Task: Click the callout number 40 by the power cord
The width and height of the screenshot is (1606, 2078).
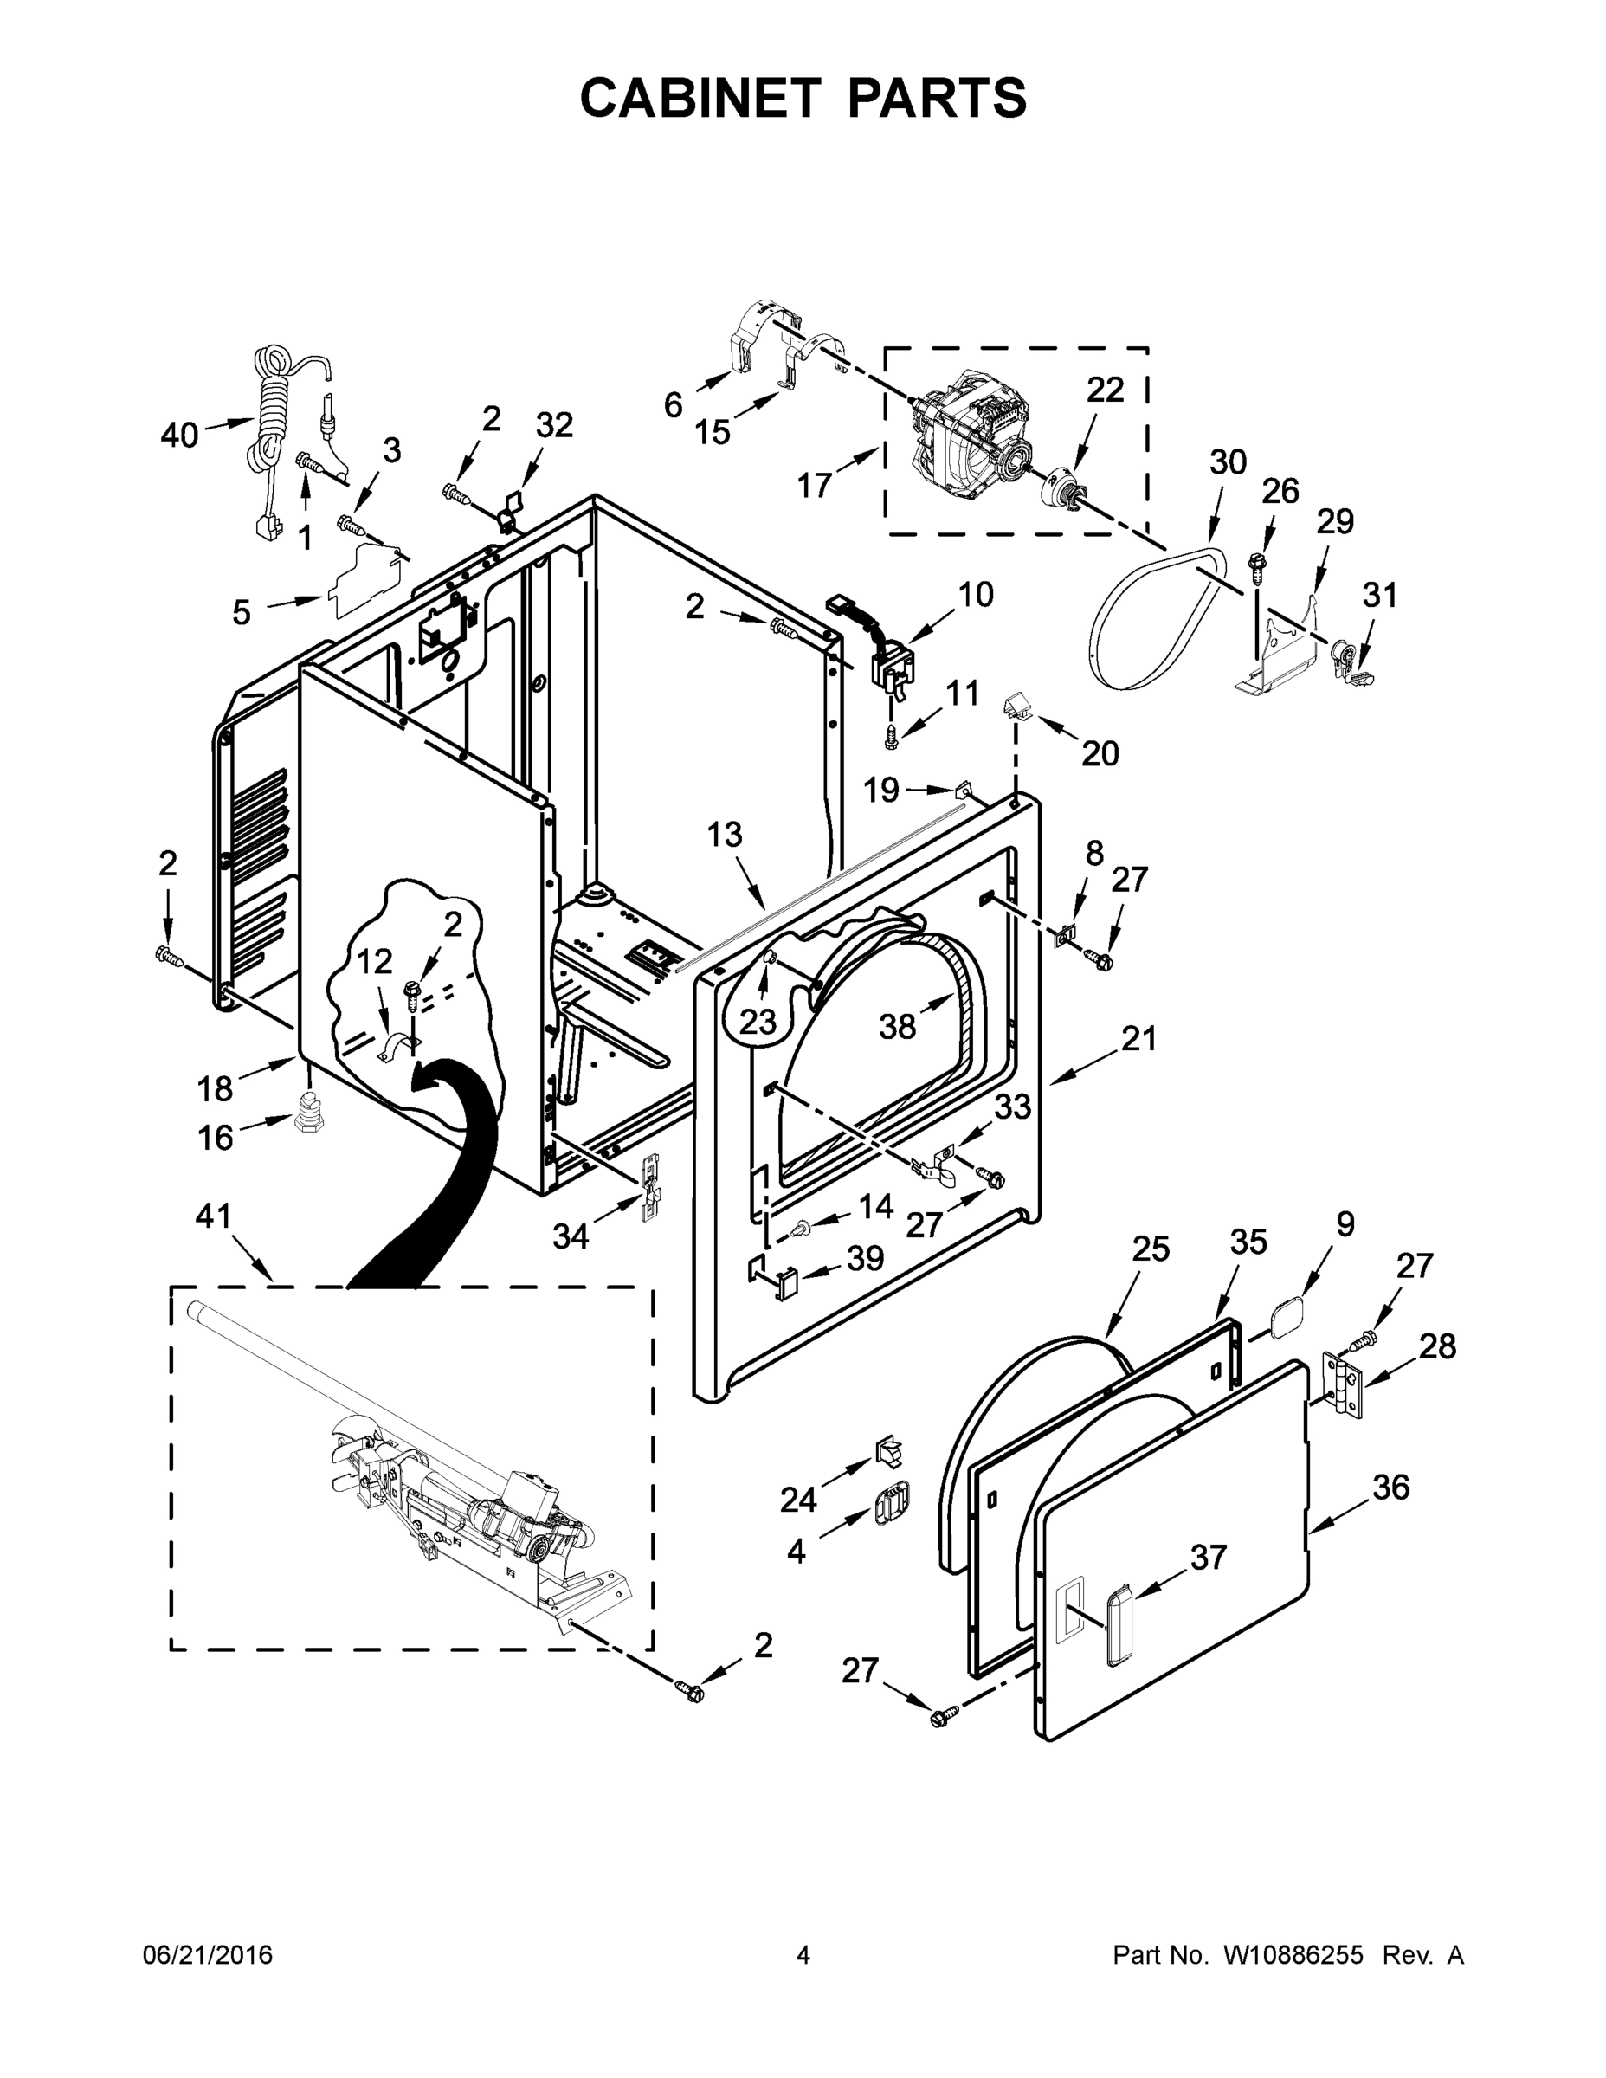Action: pos(179,435)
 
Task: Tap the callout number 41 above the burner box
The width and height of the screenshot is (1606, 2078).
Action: pos(213,1215)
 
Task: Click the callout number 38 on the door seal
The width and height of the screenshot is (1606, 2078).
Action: pos(897,1026)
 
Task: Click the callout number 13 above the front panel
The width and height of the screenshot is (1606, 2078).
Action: pos(725,835)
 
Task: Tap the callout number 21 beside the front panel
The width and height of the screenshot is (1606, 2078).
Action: pos(1138,1038)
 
